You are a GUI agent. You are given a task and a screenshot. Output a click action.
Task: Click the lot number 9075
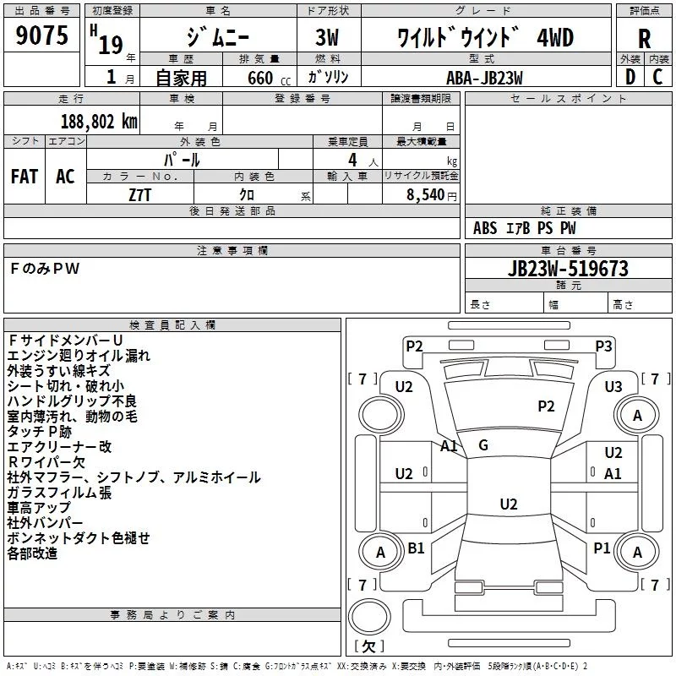coord(42,35)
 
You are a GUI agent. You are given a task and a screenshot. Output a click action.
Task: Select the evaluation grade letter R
coord(644,38)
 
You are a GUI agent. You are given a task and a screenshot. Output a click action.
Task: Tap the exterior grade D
coord(630,77)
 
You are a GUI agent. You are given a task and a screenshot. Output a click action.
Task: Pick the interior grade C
coord(657,77)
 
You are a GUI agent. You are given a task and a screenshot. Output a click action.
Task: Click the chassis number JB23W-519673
coord(568,269)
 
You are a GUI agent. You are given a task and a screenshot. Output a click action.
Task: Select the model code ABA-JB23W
coord(484,77)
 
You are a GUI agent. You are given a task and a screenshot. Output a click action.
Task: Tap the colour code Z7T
coord(139,194)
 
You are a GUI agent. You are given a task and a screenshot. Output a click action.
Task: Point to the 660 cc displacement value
coord(261,78)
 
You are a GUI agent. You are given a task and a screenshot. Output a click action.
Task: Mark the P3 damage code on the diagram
coord(603,346)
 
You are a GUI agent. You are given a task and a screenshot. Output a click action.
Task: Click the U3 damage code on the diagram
coord(613,386)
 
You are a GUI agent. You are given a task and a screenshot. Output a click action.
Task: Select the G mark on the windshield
coord(482,445)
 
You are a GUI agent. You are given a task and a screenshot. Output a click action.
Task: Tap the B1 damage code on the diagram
coord(417,548)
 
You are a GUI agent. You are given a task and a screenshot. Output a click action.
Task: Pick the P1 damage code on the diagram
coord(602,548)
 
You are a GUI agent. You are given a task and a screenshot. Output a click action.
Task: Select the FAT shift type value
coord(24,177)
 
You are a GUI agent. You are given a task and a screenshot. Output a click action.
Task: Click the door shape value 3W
coord(328,38)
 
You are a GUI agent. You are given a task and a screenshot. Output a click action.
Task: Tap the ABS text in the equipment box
coord(486,228)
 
